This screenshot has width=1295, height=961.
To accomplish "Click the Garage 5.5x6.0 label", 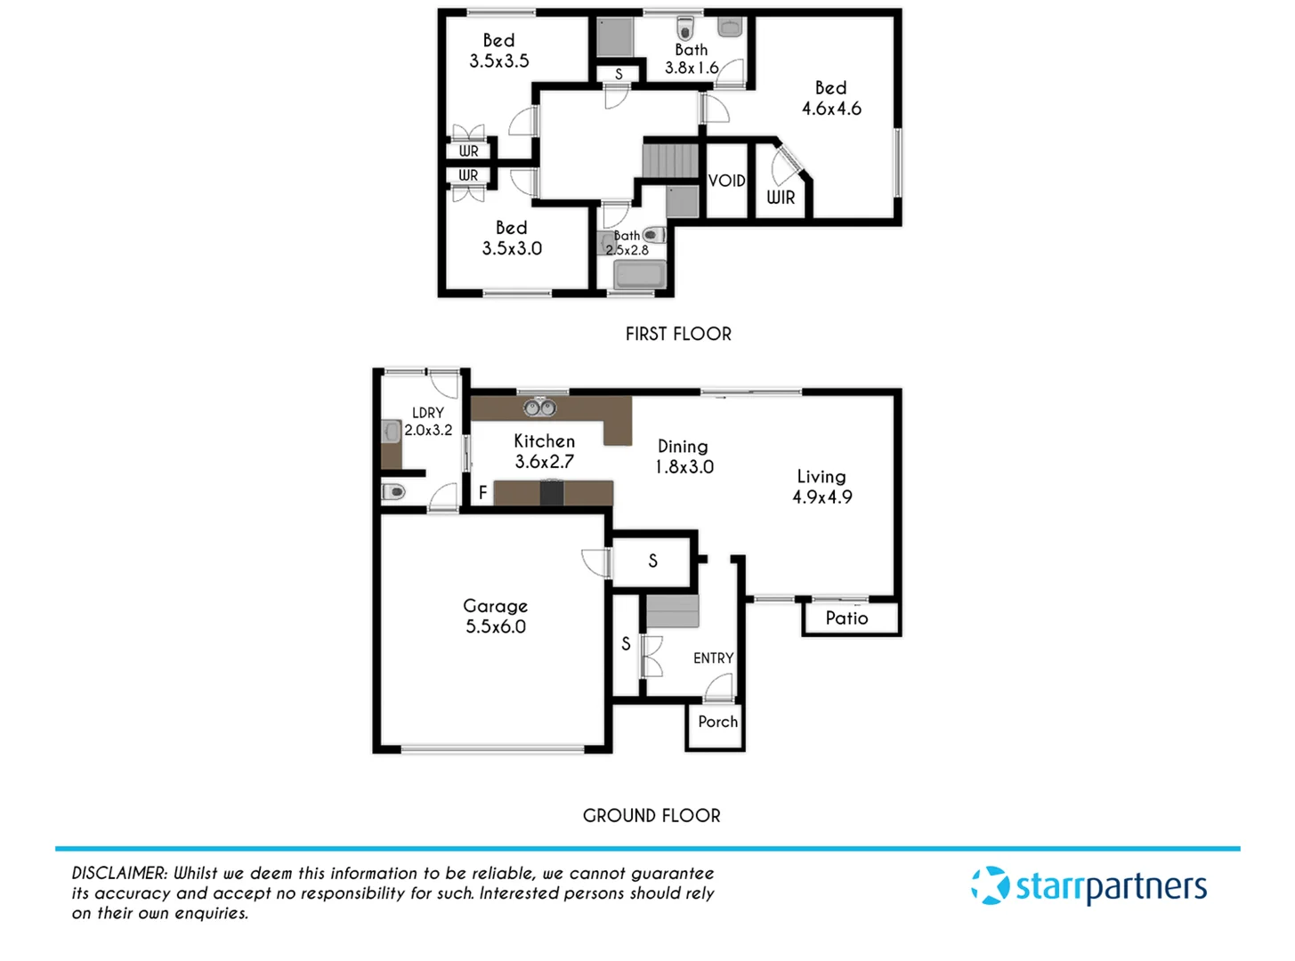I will pyautogui.click(x=496, y=616).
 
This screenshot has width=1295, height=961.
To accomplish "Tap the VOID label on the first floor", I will pyautogui.click(x=726, y=181).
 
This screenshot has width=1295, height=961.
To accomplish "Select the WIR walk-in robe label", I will pyautogui.click(x=781, y=198).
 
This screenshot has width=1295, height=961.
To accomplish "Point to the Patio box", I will pyautogui.click(x=847, y=618).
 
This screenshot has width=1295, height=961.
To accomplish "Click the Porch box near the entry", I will pyautogui.click(x=717, y=722).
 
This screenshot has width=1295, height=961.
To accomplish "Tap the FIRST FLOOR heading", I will pyautogui.click(x=678, y=334).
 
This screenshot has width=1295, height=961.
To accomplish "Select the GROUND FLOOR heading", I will pyautogui.click(x=652, y=815).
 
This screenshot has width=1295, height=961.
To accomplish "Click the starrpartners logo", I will pyautogui.click(x=1089, y=886).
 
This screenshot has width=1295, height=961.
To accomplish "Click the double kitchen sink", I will pyautogui.click(x=538, y=408).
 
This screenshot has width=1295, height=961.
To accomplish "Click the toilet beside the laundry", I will pyautogui.click(x=394, y=491).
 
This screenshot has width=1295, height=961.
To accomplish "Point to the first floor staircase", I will pyautogui.click(x=670, y=161).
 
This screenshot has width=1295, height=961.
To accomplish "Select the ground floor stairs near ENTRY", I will pyautogui.click(x=672, y=613).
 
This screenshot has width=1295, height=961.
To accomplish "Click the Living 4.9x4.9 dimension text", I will pyautogui.click(x=822, y=497).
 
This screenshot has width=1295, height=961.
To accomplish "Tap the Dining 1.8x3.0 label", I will pyautogui.click(x=684, y=456).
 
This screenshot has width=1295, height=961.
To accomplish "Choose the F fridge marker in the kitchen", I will pyautogui.click(x=483, y=492).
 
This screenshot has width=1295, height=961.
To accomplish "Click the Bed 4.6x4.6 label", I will pyautogui.click(x=831, y=98).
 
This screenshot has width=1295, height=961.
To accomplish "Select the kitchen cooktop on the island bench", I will pyautogui.click(x=552, y=493).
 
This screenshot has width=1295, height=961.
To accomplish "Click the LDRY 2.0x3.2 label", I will pyautogui.click(x=428, y=421).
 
